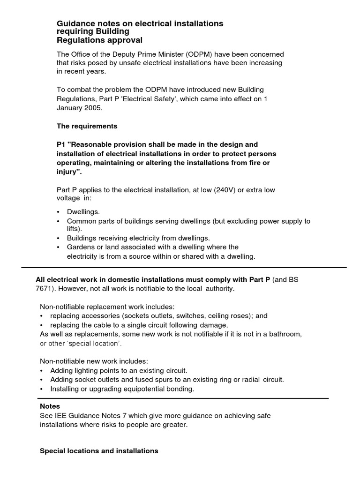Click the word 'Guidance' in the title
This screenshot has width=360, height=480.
pyautogui.click(x=73, y=23)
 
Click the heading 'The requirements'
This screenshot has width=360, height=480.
pyautogui.click(x=87, y=126)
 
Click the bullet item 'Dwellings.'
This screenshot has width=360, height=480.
pyautogui.click(x=83, y=212)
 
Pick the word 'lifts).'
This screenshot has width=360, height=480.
pyautogui.click(x=74, y=229)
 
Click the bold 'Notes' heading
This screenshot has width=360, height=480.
pyautogui.click(x=50, y=406)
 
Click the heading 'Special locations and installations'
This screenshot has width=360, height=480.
pyautogui.click(x=99, y=451)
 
